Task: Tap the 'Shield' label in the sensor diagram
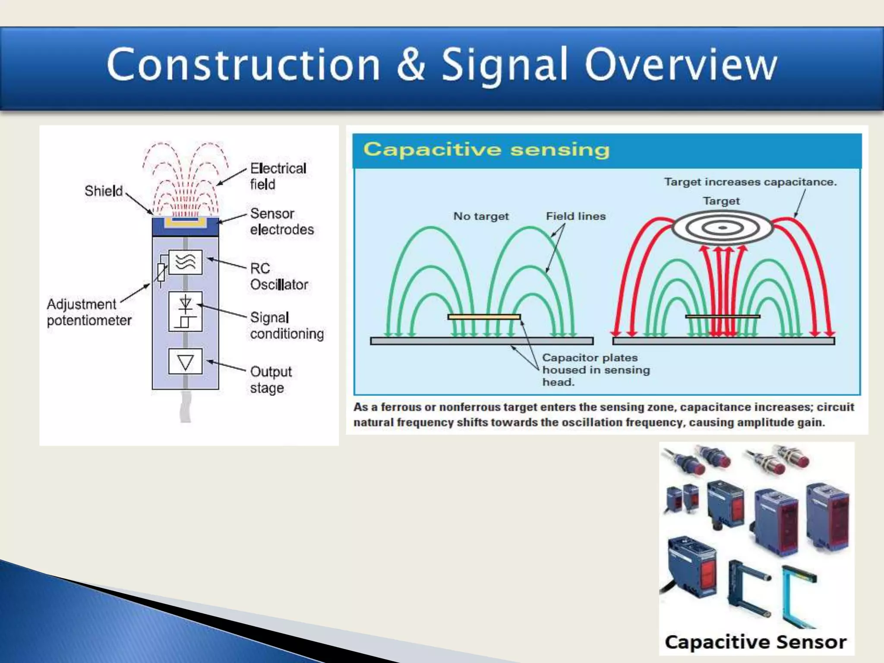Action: [x=104, y=191]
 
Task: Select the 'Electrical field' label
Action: [x=278, y=176]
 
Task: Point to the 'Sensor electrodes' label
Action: [x=281, y=221]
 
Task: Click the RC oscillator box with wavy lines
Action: [x=185, y=262]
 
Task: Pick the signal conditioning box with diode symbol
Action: [x=185, y=311]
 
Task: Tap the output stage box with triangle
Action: [x=185, y=361]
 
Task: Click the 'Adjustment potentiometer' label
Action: [x=88, y=312]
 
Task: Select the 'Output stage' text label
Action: [x=271, y=379]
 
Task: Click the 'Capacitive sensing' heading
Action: [x=486, y=150]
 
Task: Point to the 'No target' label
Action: [x=481, y=216]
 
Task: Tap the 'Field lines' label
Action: [x=576, y=216]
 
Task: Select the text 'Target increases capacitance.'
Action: [x=750, y=182]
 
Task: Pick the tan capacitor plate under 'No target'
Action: [x=484, y=317]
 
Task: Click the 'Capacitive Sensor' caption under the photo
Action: [x=755, y=642]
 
